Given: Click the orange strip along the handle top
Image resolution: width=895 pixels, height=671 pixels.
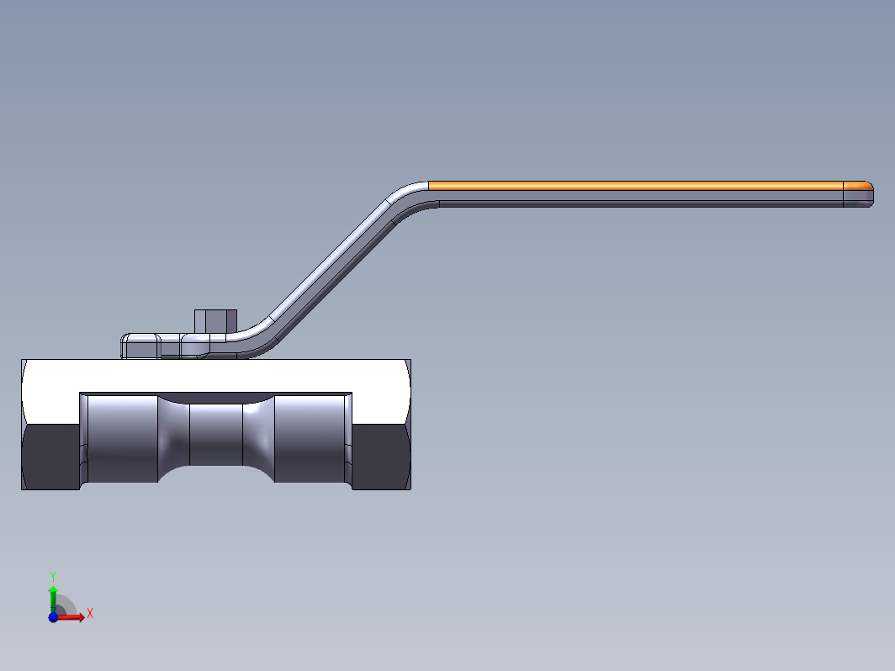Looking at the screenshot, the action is pos(635,186).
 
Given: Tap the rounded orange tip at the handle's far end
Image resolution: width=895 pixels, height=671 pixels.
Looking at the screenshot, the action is pos(858,186).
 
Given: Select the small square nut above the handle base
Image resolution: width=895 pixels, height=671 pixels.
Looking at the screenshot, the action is pos(215,321).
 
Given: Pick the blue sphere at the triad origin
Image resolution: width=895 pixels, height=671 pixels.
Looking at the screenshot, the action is pos(53,617).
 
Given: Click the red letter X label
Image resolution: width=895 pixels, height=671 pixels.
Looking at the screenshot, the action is pos(90,614).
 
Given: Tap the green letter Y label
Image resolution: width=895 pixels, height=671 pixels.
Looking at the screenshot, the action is pos(52,577).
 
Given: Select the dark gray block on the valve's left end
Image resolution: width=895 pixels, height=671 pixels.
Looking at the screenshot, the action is pos(50,457).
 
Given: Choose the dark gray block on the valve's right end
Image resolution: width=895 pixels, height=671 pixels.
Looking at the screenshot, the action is pos(381,457).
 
